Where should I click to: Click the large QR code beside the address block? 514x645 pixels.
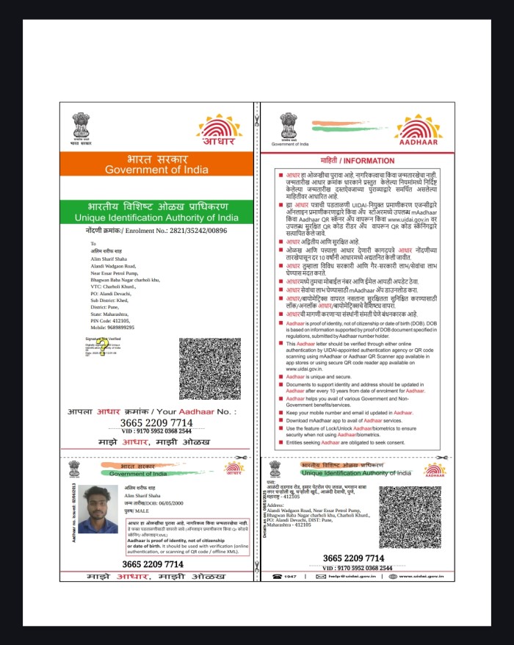(209, 368)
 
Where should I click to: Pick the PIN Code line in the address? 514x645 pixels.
(110, 321)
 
